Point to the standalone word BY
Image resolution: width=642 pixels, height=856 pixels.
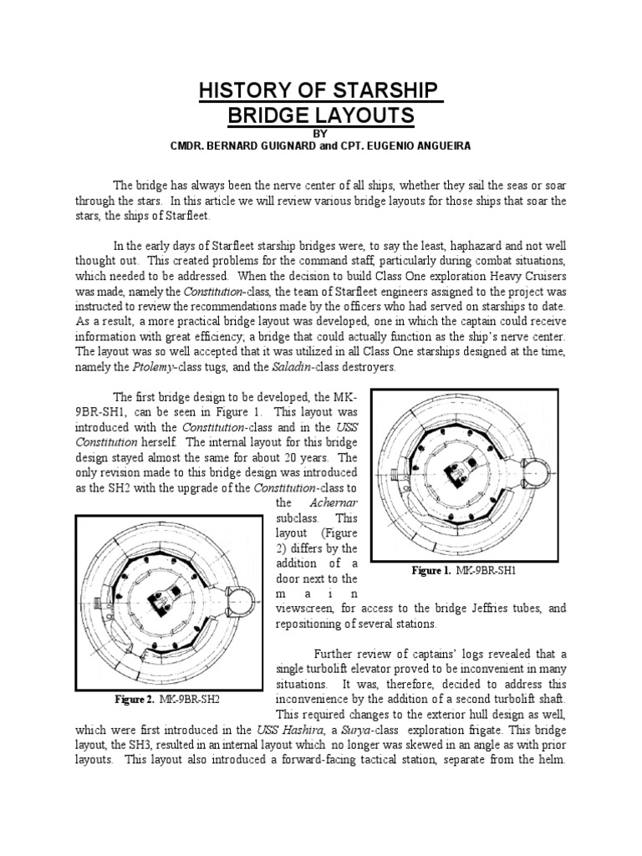coord(322,132)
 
